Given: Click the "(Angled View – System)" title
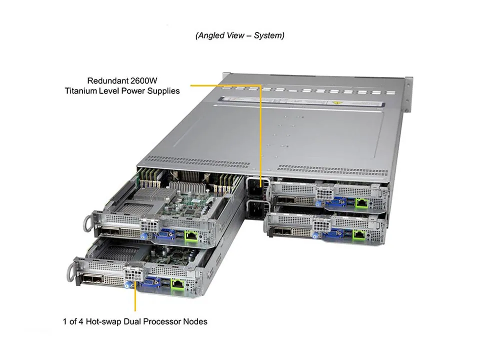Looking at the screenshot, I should [x=240, y=35].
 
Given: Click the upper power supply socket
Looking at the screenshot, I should [x=254, y=189].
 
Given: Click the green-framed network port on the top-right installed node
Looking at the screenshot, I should [x=361, y=202].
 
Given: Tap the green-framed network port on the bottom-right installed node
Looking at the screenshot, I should [x=359, y=232].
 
